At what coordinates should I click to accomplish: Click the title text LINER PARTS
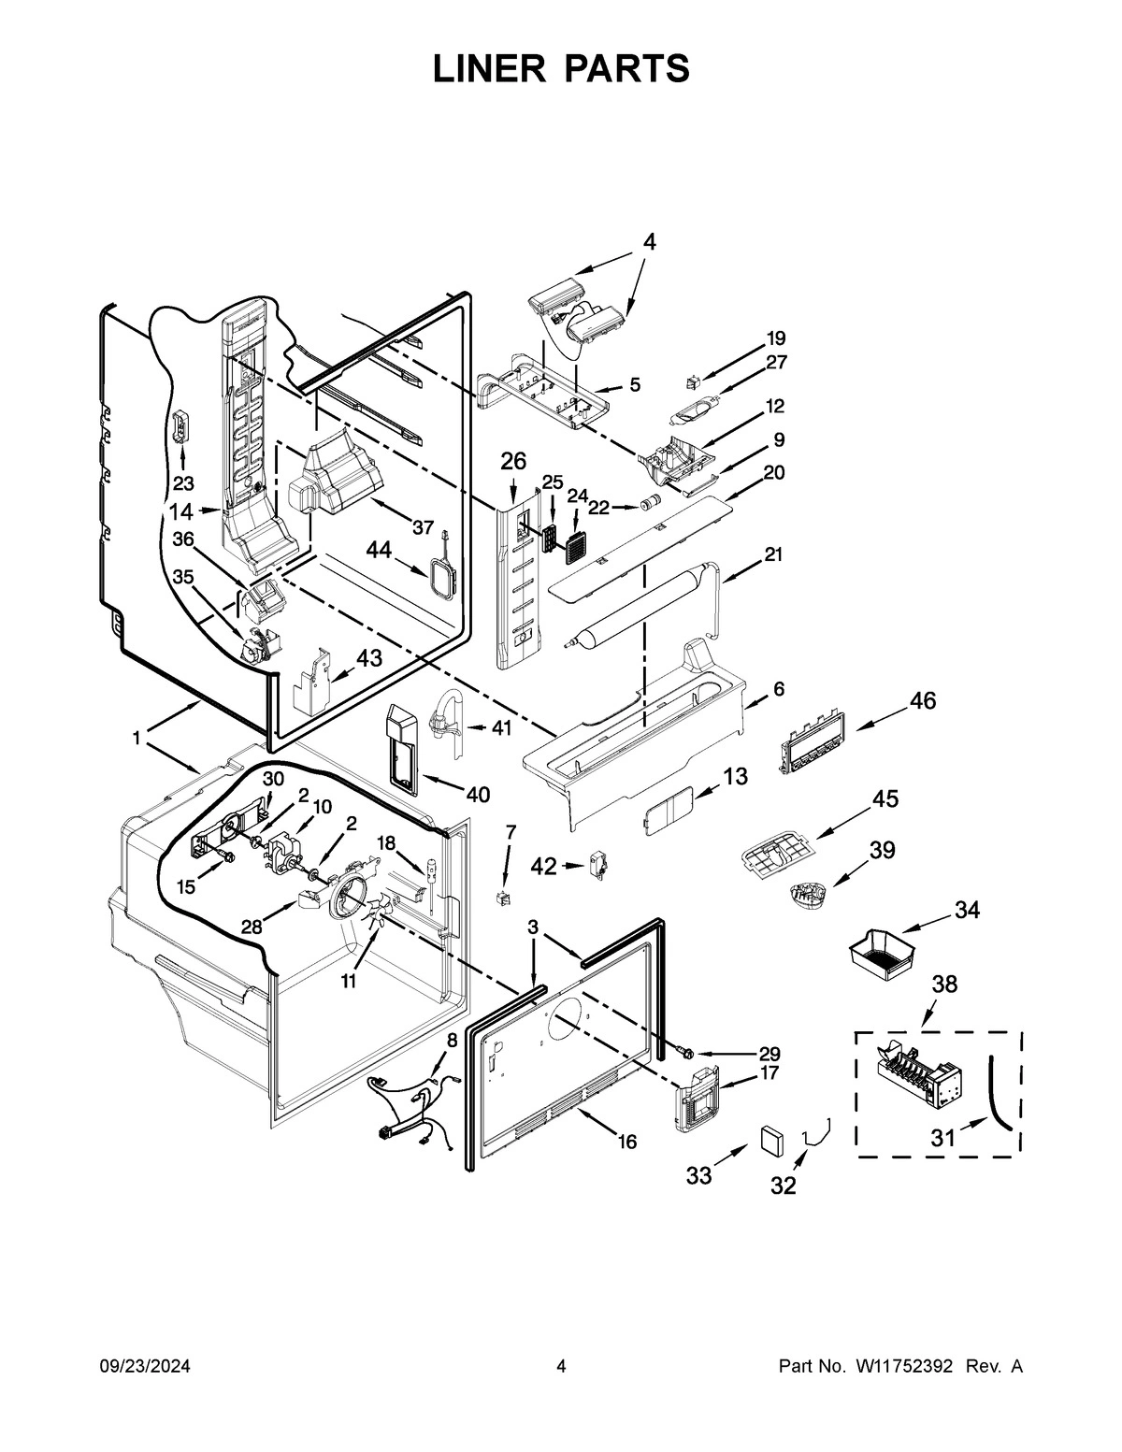pyautogui.click(x=561, y=69)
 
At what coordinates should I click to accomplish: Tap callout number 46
pyautogui.click(x=922, y=700)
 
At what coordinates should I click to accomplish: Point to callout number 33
pyautogui.click(x=698, y=1175)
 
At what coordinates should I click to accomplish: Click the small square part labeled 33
pyautogui.click(x=772, y=1142)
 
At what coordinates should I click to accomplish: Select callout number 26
pyautogui.click(x=513, y=461)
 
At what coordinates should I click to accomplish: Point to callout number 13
pyautogui.click(x=735, y=776)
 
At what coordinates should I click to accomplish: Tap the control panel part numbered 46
pyautogui.click(x=811, y=742)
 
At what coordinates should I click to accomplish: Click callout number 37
pyautogui.click(x=423, y=527)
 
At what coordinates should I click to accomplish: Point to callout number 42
pyautogui.click(x=543, y=867)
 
